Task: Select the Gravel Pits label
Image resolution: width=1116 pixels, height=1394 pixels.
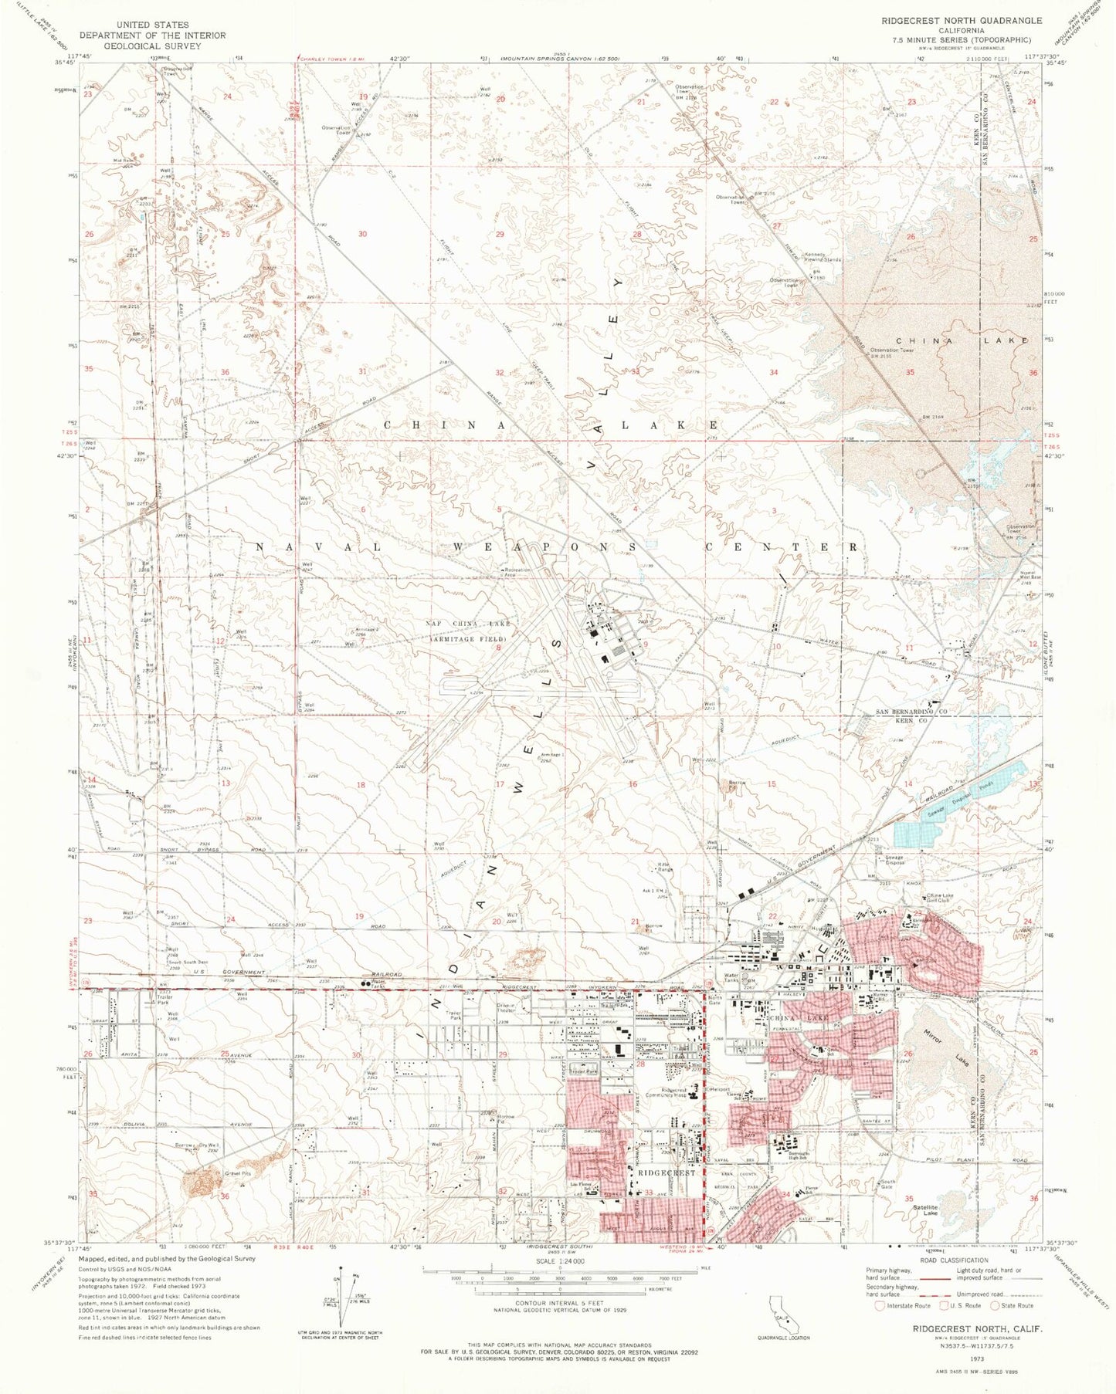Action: (217, 1172)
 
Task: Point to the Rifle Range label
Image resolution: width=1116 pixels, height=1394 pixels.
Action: (664, 867)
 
